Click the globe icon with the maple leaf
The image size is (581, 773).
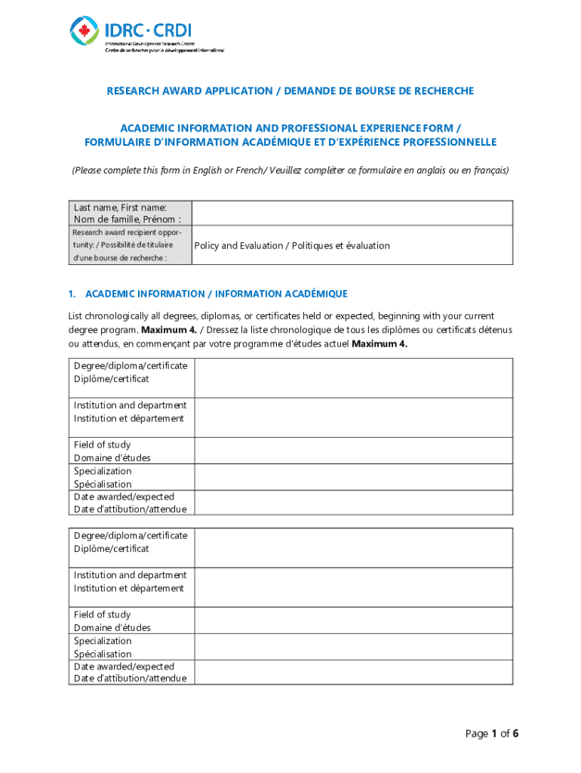85,31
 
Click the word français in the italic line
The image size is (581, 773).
489,171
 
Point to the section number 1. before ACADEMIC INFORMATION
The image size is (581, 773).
72,294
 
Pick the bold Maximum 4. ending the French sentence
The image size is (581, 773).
380,343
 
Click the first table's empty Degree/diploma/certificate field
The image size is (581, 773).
353,377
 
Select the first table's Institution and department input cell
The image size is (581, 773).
353,417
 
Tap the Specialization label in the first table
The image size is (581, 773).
103,471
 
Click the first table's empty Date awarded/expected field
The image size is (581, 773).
353,503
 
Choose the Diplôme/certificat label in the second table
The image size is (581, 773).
111,549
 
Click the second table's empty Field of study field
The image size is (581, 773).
353,621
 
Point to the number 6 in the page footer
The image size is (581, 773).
515,734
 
